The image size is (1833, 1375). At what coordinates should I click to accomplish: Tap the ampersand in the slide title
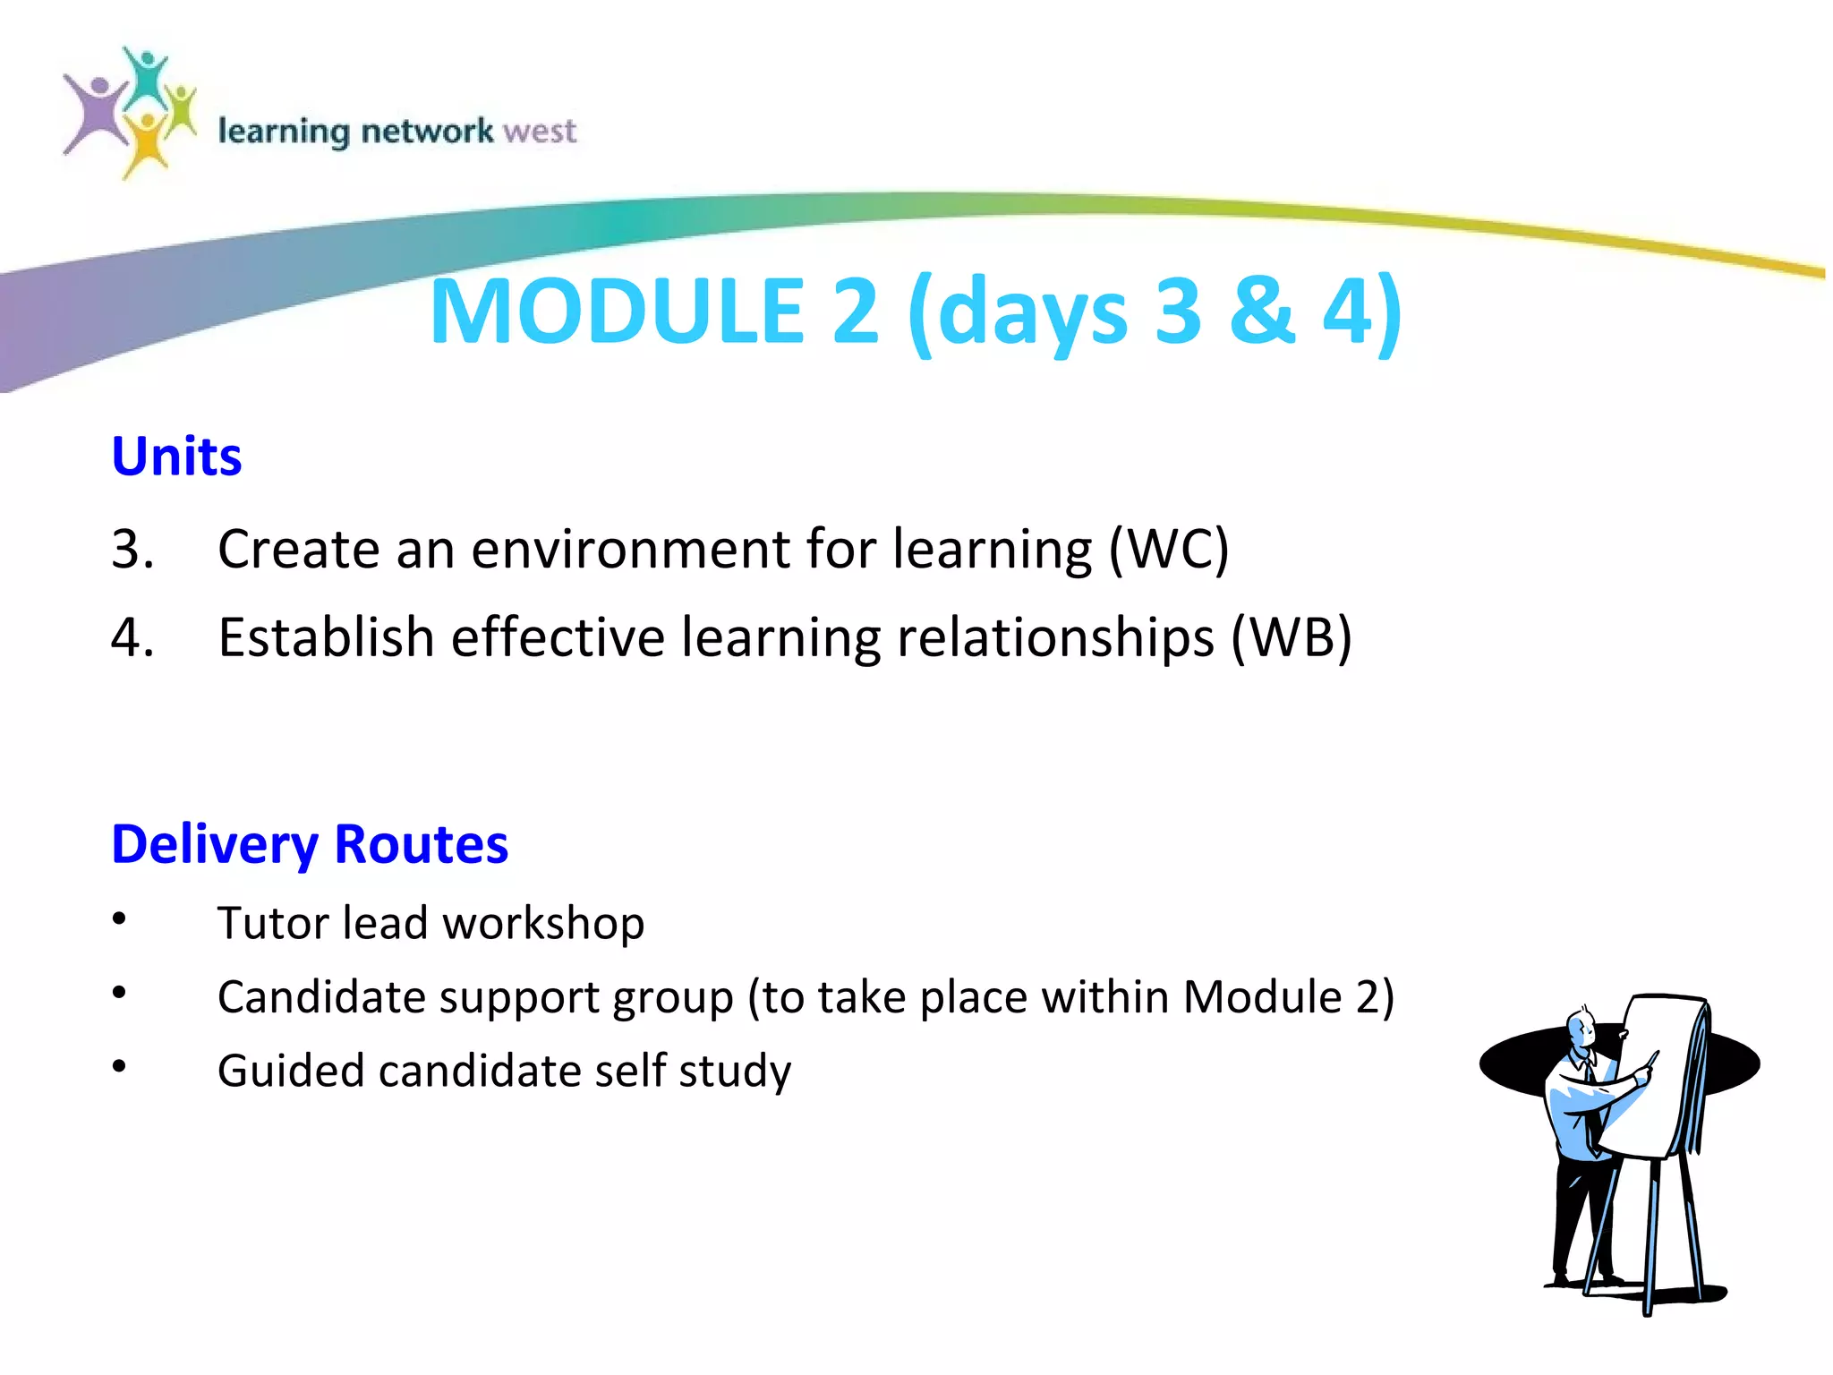click(x=1262, y=311)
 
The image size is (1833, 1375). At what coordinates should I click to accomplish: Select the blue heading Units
click(x=176, y=457)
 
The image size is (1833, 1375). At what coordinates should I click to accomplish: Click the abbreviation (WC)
click(x=1169, y=549)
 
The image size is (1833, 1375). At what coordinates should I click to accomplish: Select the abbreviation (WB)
click(x=1292, y=638)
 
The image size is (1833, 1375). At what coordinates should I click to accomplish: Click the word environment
click(x=631, y=549)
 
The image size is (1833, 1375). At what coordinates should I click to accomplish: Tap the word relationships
click(x=1056, y=638)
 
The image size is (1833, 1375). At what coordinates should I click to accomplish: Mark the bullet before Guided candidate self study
click(x=119, y=1066)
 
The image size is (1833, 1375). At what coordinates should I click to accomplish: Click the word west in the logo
click(x=540, y=132)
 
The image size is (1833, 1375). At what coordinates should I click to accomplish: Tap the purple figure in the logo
click(x=97, y=115)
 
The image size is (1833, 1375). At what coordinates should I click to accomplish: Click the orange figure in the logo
click(x=145, y=143)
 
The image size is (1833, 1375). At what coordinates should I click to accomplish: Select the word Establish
click(x=326, y=638)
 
